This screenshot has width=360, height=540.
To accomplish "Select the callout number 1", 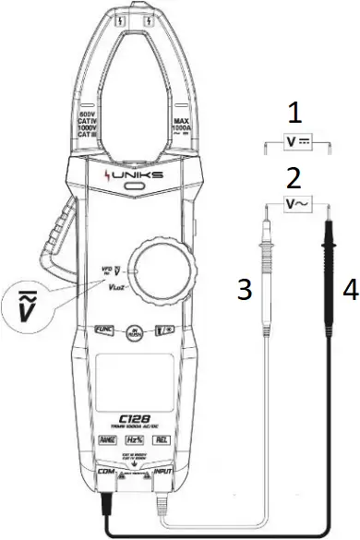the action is [294, 115].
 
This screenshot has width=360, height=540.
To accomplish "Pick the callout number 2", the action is [294, 176].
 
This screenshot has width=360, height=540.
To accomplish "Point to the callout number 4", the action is [349, 289].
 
